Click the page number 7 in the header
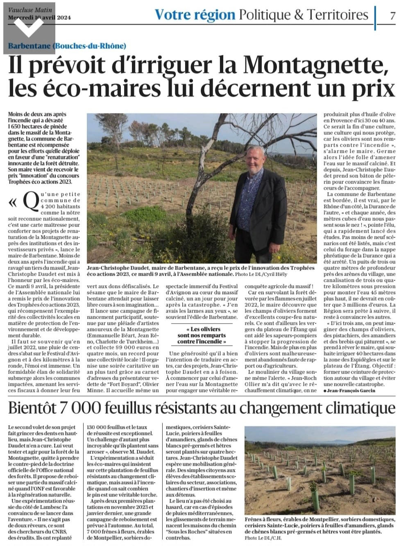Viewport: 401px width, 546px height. tap(392, 16)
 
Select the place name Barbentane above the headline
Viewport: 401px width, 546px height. tap(30, 46)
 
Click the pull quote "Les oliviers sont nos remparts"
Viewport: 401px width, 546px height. tap(202, 335)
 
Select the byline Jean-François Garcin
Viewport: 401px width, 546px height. tap(351, 391)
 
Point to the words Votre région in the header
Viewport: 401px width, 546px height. tap(195, 15)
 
